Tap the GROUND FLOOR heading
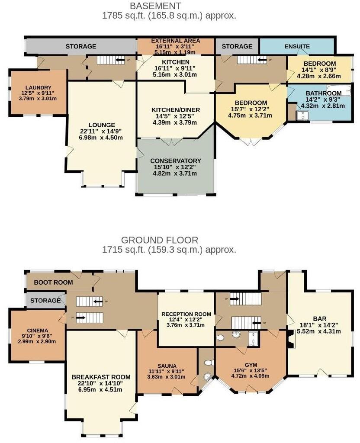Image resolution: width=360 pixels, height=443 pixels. tap(160, 240)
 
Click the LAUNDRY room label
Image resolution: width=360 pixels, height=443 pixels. tap(38, 87)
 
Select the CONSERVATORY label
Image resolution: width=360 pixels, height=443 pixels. tap(175, 161)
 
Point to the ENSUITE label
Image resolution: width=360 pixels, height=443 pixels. tap(297, 46)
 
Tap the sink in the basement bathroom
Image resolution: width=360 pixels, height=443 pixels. tap(303, 115)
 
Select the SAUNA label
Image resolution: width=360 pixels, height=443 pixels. tap(167, 366)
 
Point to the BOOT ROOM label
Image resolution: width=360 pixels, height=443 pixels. tap(53, 282)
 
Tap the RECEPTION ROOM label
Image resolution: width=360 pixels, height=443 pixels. tap(186, 314)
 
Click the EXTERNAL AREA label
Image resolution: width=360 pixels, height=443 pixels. tap(175, 41)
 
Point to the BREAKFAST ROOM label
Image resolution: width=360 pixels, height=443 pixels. tap(97, 376)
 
